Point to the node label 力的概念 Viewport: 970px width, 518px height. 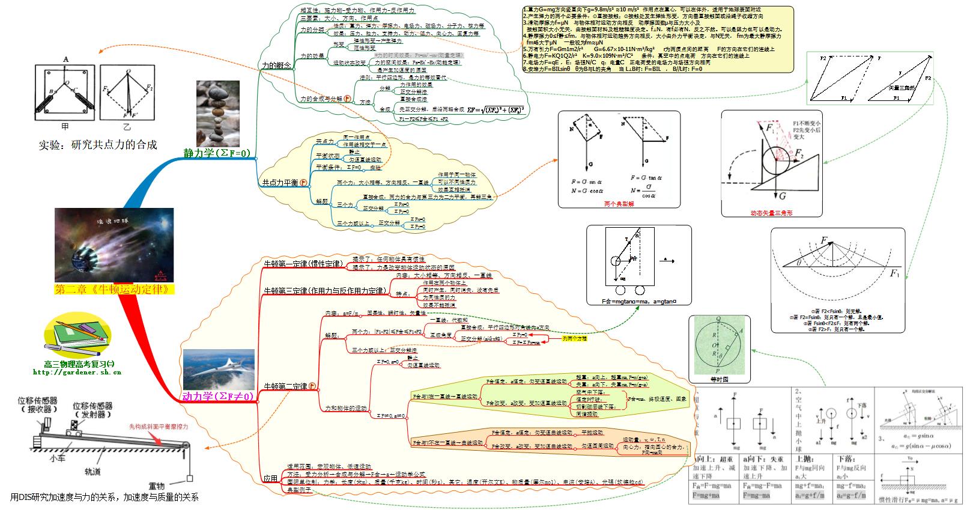(276, 65)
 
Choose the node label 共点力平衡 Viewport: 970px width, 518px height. (280, 182)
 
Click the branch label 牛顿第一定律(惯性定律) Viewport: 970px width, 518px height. (303, 263)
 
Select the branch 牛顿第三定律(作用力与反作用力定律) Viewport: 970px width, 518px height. (324, 291)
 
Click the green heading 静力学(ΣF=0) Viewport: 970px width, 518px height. (217, 153)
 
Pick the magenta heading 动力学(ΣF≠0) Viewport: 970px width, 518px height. (218, 396)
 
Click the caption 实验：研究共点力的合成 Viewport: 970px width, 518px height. (98, 145)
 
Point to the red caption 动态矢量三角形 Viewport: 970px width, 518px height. (771, 213)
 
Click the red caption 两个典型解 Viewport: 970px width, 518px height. (619, 204)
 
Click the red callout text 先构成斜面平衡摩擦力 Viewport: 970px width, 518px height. (159, 426)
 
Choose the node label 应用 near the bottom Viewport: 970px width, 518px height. (270, 479)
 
